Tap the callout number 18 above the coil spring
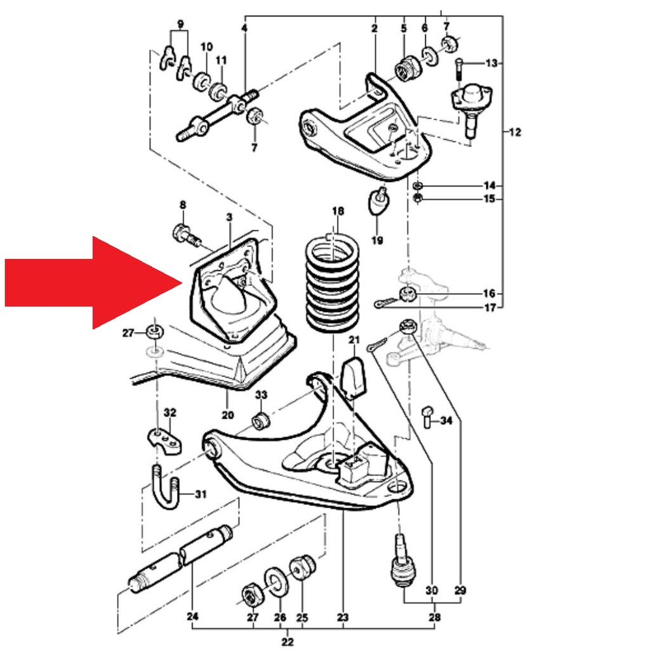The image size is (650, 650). [x=338, y=211]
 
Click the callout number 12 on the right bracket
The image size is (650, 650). [x=515, y=132]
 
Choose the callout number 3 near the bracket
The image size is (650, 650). [x=229, y=218]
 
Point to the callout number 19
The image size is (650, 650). [x=377, y=240]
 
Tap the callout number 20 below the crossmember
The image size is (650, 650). [x=228, y=415]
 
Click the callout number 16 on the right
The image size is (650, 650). [x=489, y=294]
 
